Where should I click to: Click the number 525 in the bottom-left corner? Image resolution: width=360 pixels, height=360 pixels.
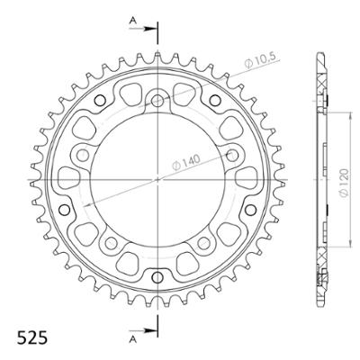point(32,339)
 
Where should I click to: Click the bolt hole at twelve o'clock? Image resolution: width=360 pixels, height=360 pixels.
point(158,101)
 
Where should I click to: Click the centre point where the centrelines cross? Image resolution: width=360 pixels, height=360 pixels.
point(158,178)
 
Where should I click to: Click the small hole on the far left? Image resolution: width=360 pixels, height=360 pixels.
point(63,210)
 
